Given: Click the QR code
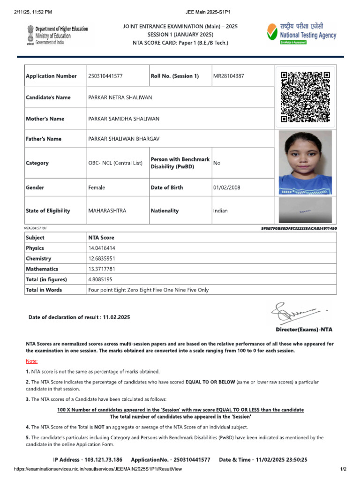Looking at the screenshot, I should tap(305, 97).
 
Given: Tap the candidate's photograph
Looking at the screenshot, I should tap(305, 163).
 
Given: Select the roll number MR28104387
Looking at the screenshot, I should tap(228, 76).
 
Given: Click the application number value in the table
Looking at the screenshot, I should tap(105, 76).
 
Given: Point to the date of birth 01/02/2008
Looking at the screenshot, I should tap(226, 187).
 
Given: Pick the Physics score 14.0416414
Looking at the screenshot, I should tap(102, 248).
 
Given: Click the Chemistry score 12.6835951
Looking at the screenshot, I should tap(102, 259).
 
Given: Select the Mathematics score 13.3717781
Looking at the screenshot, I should tap(102, 269).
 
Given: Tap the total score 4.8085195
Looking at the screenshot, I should tap(100, 279).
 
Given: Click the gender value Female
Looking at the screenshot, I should tap(97, 187).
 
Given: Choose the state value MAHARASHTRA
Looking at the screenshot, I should tap(107, 211).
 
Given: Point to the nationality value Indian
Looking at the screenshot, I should tap(220, 211).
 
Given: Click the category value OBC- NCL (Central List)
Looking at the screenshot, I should tap(115, 163).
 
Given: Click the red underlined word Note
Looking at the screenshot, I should tap(31, 361).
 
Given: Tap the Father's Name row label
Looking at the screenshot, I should tap(44, 139).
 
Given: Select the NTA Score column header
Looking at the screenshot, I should tap(101, 238).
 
